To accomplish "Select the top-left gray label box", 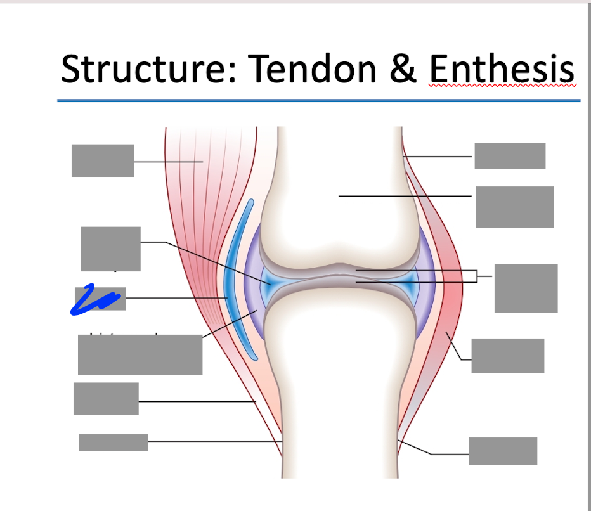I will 103,160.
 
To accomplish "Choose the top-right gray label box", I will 510,156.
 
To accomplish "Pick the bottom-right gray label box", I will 503,451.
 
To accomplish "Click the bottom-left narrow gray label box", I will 114,443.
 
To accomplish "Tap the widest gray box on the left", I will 140,354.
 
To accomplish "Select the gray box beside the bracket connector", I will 526,288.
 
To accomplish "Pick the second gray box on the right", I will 514,207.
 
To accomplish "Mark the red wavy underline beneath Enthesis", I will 502,86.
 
